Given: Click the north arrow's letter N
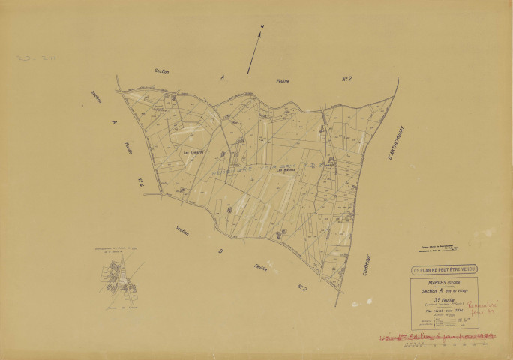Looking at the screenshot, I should click(262, 27).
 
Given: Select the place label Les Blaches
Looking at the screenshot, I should click(285, 169).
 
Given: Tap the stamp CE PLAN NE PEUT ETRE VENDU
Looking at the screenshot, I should click(443, 269).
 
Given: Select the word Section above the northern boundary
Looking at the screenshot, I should click(161, 72).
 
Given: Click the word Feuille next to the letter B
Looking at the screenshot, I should click(261, 266).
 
